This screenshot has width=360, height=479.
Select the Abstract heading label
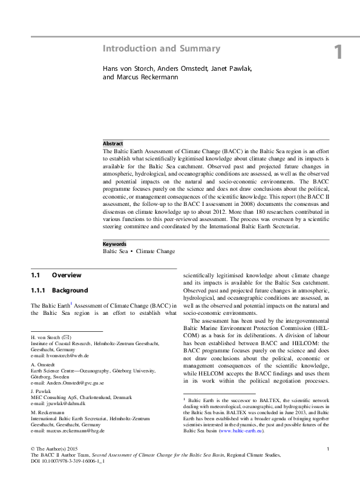[x=113, y=143]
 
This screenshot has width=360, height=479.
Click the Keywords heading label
[x=116, y=244]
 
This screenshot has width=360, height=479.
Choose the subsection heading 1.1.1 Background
[x=59, y=291]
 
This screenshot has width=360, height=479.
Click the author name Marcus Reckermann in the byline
[x=143, y=78]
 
